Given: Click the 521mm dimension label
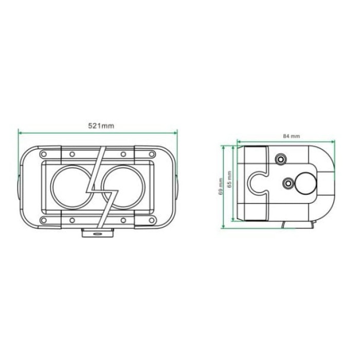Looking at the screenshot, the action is [101, 126].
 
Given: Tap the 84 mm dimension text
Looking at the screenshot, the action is [292, 136].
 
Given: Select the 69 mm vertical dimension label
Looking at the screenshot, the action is [221, 186].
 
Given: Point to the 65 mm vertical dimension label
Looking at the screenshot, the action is [229, 179].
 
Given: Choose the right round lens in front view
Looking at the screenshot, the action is [145, 187].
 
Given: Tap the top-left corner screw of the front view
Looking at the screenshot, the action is [43, 154].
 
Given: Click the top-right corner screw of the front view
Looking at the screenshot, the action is [152, 154].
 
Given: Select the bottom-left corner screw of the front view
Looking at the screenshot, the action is [43, 221].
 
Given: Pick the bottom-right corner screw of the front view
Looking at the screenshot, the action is [152, 221].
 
